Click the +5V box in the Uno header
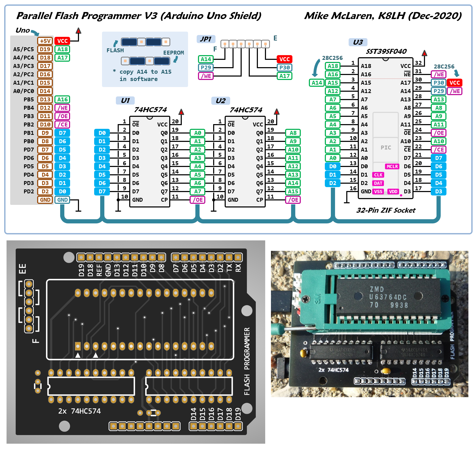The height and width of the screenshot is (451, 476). coord(45,41)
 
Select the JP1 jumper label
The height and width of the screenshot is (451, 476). coord(206,39)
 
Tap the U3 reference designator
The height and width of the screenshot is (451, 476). coord(358,42)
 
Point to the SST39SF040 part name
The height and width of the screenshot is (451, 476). coord(386,51)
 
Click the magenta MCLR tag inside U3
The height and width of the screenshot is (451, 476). coord(392,166)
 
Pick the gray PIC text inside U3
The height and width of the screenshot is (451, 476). coord(386,148)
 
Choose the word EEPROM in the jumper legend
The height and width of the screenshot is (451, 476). coord(173,53)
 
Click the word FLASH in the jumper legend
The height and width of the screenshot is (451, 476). coord(115,50)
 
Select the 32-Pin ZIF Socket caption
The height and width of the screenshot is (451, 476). coord(386,210)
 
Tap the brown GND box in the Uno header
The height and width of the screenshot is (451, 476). coord(45,200)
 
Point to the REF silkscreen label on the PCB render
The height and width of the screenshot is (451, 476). coord(99,270)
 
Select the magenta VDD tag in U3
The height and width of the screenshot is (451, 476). coord(393,192)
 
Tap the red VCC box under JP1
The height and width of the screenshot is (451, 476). coord(284,59)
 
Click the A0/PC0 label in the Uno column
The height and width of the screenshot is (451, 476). coord(24,91)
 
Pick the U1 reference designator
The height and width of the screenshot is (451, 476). coord(125,101)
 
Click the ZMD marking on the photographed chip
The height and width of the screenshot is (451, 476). coord(377,289)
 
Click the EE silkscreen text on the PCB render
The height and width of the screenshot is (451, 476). coord(22,269)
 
